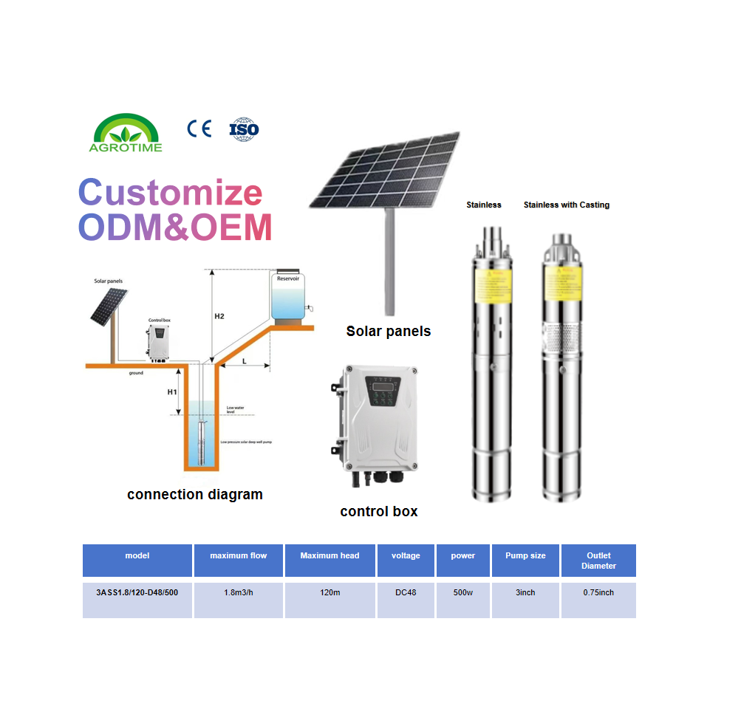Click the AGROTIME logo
(126, 133)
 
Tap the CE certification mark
(199, 129)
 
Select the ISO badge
(244, 129)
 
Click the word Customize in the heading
(171, 193)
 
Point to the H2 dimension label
(219, 316)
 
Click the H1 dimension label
(171, 391)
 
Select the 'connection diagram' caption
(194, 494)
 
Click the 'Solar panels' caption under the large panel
(388, 331)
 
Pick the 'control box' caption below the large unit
(378, 511)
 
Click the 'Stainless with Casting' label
(566, 205)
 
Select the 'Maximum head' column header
(329, 555)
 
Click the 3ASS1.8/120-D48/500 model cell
(137, 592)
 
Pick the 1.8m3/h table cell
(239, 592)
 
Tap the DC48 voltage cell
(406, 592)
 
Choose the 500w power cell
(462, 592)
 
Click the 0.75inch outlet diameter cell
(598, 592)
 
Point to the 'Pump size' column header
(525, 555)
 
